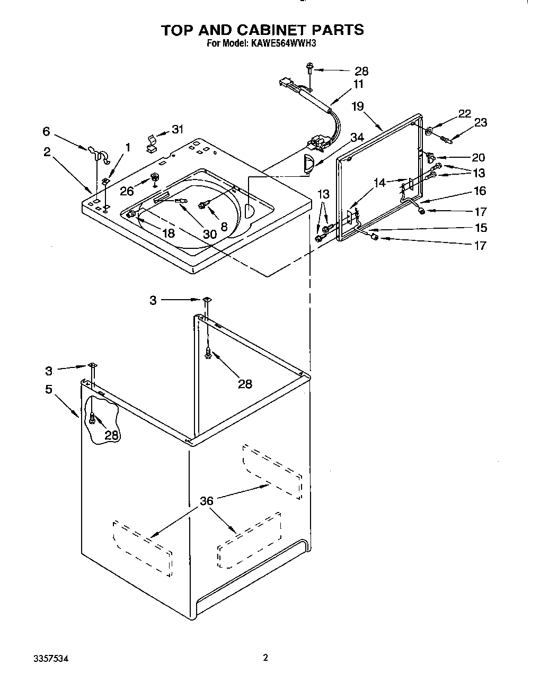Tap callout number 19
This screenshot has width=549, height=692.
(x=358, y=106)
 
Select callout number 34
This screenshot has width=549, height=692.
(x=358, y=138)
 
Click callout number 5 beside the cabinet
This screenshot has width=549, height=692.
(x=49, y=389)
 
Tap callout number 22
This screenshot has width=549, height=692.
(x=464, y=114)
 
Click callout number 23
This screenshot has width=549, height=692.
(x=481, y=122)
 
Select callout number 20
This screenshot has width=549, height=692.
(x=479, y=157)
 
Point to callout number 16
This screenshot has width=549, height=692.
(x=480, y=191)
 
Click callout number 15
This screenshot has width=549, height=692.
(x=480, y=228)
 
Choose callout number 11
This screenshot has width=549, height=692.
(x=359, y=84)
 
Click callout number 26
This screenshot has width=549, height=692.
(x=127, y=191)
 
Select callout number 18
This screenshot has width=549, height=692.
(x=169, y=233)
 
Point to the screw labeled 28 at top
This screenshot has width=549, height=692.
(x=309, y=67)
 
